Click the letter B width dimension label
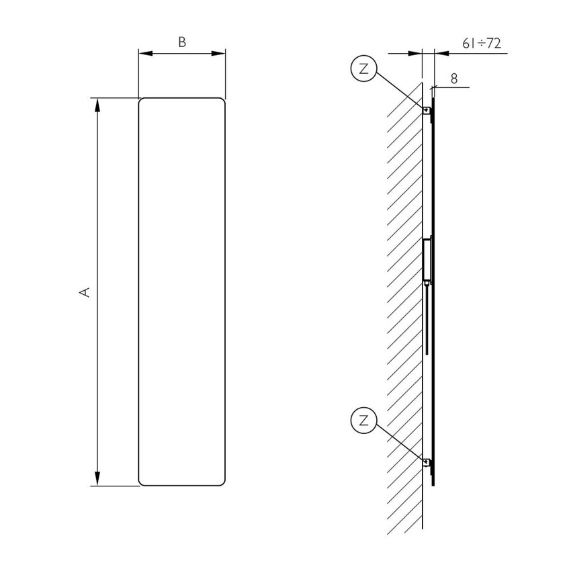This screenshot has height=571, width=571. point(181,42)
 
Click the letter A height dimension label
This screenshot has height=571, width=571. point(85,292)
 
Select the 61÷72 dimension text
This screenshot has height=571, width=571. point(482,44)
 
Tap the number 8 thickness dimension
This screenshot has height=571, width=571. point(454,79)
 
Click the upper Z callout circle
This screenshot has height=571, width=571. point(363,69)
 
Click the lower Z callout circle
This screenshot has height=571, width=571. point(363,421)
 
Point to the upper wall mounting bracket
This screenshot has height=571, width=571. point(426,110)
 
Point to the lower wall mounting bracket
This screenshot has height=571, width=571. point(426,462)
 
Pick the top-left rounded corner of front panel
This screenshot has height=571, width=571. point(141,101)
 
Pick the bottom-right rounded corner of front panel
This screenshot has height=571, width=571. point(222,482)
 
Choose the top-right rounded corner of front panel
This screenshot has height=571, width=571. point(222,101)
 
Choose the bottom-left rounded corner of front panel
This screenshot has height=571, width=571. point(141,482)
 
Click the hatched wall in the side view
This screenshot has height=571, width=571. point(403,302)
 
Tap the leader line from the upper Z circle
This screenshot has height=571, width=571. point(400,90)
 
